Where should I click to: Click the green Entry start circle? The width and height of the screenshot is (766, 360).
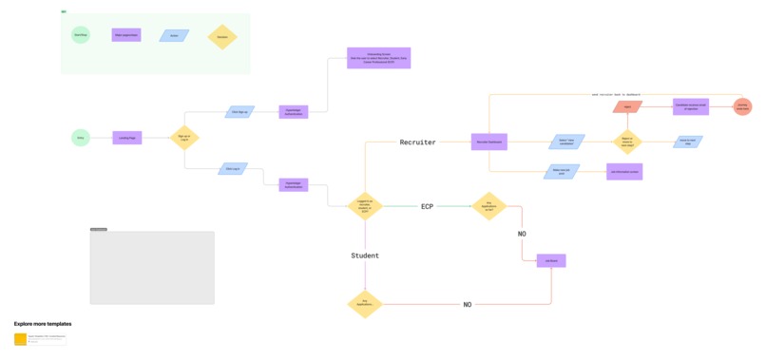(81, 138)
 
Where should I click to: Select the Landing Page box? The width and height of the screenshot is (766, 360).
(127, 138)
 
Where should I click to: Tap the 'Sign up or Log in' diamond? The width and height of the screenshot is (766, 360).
(183, 138)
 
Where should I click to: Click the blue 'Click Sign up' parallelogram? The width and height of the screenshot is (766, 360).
(239, 112)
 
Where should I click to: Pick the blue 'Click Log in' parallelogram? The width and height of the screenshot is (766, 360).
(233, 169)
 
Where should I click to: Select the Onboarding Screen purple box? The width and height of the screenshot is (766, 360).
(378, 58)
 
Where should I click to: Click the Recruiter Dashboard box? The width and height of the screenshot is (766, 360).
(488, 142)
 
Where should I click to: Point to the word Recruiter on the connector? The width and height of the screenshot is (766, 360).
(417, 142)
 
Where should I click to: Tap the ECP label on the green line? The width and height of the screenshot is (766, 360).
(427, 206)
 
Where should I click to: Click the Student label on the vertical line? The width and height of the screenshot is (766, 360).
(365, 256)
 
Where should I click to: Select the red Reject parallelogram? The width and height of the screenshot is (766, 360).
(627, 107)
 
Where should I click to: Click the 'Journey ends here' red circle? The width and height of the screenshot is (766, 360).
(742, 107)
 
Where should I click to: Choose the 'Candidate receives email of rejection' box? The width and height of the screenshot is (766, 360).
(691, 107)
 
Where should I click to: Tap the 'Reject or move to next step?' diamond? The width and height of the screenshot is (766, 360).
(627, 142)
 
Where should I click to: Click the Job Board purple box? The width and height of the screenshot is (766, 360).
(551, 260)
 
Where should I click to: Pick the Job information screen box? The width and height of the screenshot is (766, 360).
(624, 172)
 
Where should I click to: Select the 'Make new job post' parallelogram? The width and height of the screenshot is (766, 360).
(562, 172)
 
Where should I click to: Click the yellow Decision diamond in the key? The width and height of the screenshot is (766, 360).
(222, 37)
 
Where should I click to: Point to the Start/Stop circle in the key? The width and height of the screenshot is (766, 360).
(81, 35)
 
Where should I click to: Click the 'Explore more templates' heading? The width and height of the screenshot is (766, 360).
(43, 324)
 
